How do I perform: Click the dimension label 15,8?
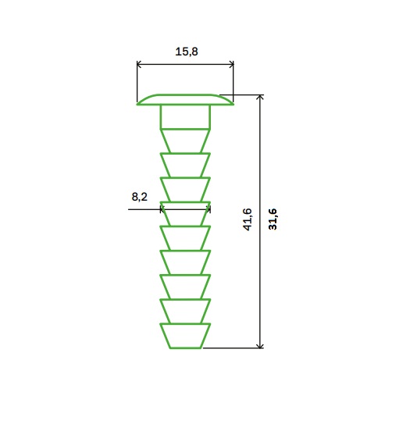coord(187,52)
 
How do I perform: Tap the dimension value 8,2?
coord(140,197)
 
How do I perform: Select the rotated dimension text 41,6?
coord(248,219)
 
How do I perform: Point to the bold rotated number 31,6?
coord(273,219)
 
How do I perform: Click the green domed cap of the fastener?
coord(185,99)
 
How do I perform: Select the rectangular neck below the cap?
coord(185,117)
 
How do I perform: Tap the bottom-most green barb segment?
coord(185,336)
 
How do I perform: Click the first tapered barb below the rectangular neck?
coord(185,141)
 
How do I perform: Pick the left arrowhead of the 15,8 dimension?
coord(139,64)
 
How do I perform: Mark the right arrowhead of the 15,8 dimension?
coord(232,64)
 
